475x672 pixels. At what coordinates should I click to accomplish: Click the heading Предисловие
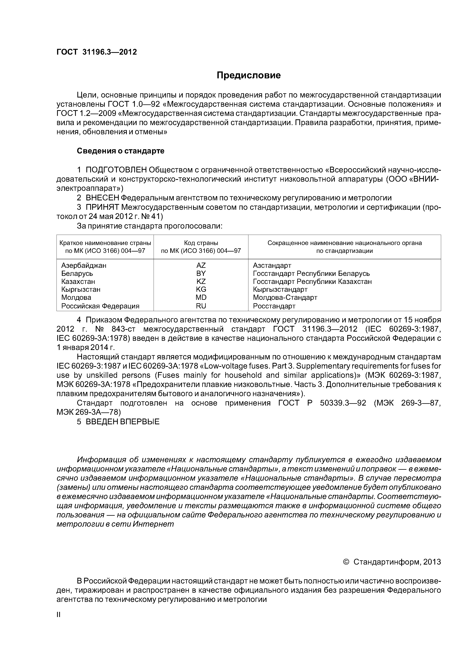tap(248, 75)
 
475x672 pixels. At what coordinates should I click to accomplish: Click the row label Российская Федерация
tap(100, 306)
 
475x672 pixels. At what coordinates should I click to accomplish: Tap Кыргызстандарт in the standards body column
tap(280, 289)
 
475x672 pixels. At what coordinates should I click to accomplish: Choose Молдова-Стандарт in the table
tap(285, 298)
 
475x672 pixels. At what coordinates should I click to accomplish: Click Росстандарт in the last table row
tap(274, 306)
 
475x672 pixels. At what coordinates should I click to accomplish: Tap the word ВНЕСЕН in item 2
tap(103, 198)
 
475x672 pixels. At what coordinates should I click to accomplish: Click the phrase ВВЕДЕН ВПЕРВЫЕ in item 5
tap(123, 422)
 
